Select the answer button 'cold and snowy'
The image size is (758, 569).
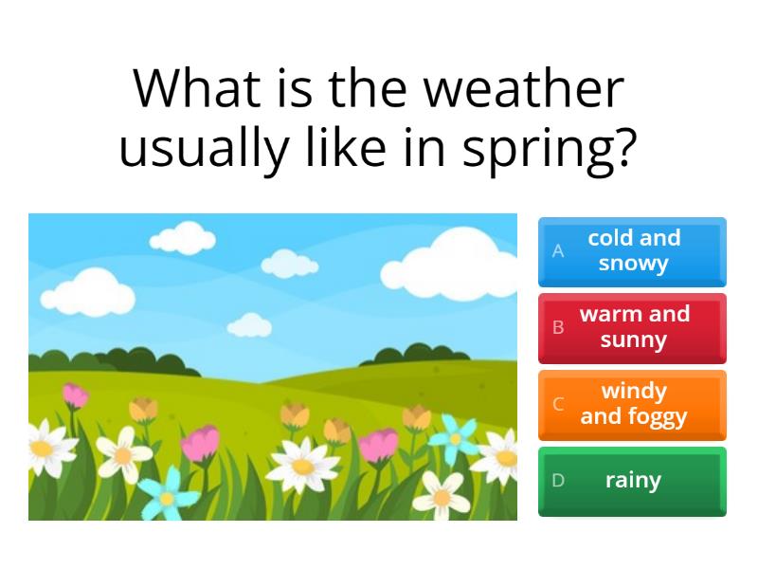(632, 251)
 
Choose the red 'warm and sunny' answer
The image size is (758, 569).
(632, 328)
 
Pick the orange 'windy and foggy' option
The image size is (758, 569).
(632, 405)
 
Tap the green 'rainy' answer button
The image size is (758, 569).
(632, 481)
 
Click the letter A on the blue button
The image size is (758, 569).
(558, 251)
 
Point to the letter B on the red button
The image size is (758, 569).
(558, 328)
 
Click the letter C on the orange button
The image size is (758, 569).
(558, 404)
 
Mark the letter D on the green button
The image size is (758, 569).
(558, 481)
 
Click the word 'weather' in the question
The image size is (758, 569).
(523, 89)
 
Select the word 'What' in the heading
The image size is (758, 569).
(196, 89)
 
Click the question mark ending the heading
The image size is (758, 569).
(623, 148)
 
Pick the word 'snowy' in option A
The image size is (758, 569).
(633, 265)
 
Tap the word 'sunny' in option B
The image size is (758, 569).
(633, 340)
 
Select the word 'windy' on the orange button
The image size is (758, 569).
(634, 391)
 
